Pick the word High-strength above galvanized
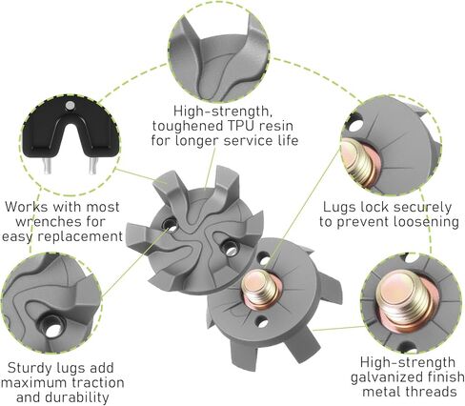(x=408, y=362)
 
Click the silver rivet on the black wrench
(x=70, y=105)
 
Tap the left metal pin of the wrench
(x=47, y=166)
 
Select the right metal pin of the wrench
(x=92, y=166)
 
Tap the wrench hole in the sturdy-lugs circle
(x=51, y=327)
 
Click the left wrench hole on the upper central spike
(x=170, y=224)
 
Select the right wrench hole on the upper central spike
(x=229, y=249)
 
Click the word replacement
(x=80, y=236)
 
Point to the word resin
(x=275, y=126)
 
